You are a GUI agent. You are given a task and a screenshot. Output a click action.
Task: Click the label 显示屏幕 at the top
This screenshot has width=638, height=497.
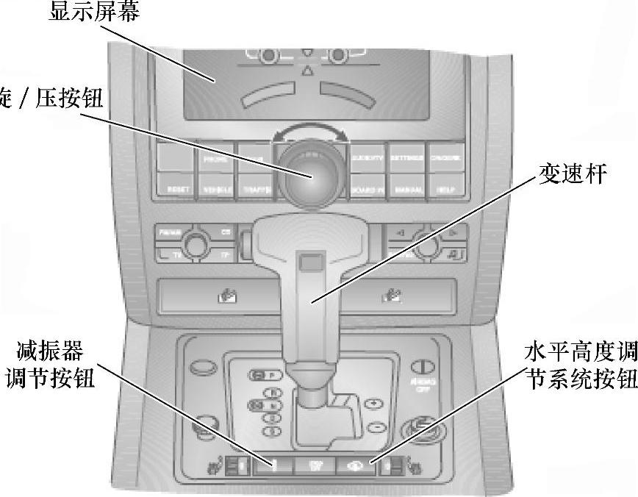pyautogui.click(x=93, y=12)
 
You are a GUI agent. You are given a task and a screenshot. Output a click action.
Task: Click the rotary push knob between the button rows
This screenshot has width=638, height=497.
pyautogui.click(x=309, y=174)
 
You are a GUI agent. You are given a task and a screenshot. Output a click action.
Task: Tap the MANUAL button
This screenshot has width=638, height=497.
pyautogui.click(x=407, y=189)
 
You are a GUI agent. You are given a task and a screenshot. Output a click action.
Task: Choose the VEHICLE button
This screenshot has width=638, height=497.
pyautogui.click(x=215, y=189)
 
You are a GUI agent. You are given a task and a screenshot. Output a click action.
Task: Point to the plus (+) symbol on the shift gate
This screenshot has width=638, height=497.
pyautogui.click(x=373, y=404)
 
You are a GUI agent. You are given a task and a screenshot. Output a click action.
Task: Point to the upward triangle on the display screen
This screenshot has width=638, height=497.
pyautogui.click(x=307, y=71)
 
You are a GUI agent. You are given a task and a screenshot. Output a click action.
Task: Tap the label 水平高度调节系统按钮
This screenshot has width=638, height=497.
pyautogui.click(x=581, y=364)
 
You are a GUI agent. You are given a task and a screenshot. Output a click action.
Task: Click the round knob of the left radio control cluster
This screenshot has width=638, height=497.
pyautogui.click(x=195, y=242)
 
